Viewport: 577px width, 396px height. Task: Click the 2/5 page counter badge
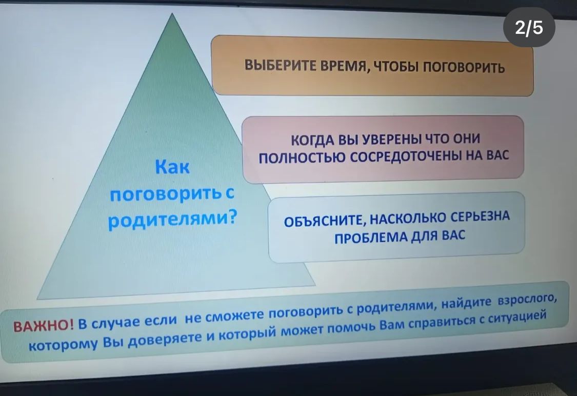529,27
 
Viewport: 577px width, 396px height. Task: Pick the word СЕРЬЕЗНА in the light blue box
481,216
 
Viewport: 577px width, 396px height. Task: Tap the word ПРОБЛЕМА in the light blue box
370,237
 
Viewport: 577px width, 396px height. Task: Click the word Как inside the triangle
172,167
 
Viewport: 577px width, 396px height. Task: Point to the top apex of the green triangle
171,13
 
